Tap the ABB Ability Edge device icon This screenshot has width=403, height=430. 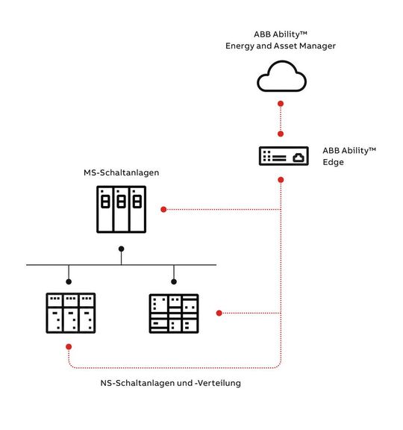281,157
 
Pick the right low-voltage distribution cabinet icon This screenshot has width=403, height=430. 174,313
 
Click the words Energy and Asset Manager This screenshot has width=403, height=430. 281,46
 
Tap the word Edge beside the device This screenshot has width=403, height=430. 334,162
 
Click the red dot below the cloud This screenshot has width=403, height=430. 281,103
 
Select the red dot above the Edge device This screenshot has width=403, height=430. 281,135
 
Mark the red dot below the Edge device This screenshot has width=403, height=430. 281,179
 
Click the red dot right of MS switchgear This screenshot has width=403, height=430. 163,209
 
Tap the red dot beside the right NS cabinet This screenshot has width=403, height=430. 219,312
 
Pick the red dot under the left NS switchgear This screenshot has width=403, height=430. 68,347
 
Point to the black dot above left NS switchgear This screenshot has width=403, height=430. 68,281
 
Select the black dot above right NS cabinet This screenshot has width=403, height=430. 174,281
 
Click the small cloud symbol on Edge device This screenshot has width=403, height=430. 299,157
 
